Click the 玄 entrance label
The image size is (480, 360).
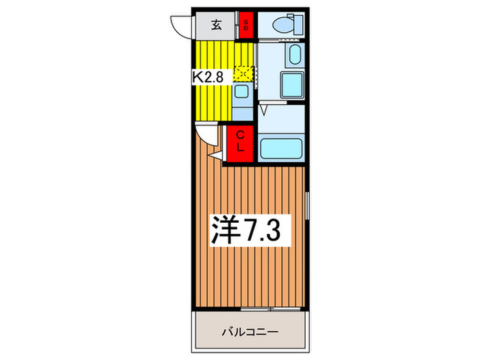[x=216, y=26]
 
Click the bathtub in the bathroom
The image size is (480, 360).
[x=280, y=147]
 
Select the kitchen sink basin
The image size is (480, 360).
[x=242, y=92]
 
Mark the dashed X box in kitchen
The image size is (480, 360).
[x=243, y=72]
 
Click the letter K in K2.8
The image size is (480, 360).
[x=197, y=77]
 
